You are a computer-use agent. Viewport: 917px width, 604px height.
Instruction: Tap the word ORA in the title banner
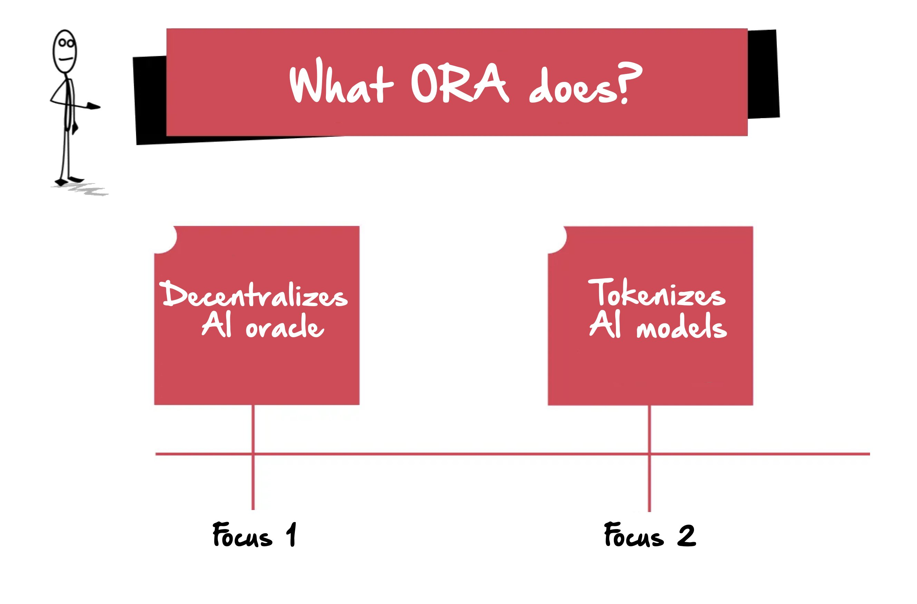[460, 83]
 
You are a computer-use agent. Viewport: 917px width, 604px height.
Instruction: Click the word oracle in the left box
[285, 325]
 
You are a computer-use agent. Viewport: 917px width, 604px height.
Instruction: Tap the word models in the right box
[682, 325]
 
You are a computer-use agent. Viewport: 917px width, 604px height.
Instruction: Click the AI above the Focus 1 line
[216, 325]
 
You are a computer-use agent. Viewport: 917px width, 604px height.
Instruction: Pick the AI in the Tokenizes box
[605, 325]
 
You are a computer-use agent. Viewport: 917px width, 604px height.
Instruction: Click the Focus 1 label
[254, 535]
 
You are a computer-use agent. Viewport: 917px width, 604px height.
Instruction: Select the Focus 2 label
[650, 535]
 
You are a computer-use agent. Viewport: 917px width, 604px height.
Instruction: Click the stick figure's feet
[69, 180]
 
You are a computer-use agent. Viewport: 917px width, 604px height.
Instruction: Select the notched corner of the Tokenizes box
[557, 240]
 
